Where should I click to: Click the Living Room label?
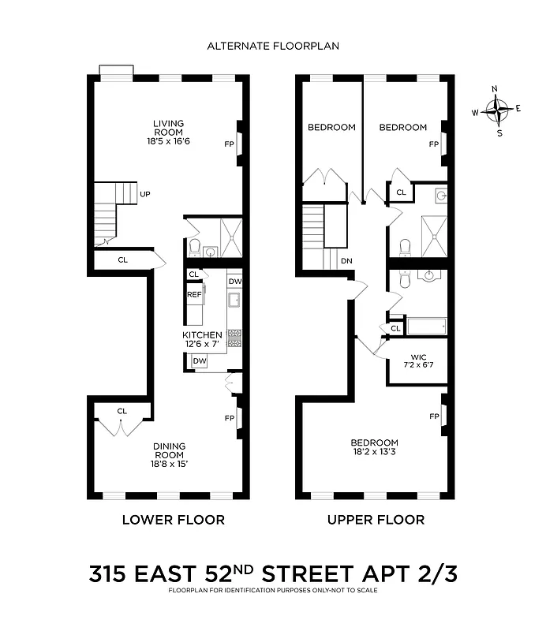[x=169, y=128]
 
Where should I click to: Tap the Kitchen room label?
[x=202, y=335]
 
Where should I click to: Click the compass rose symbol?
[x=497, y=111]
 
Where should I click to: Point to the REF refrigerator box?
[x=194, y=294]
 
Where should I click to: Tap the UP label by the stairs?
[x=145, y=193]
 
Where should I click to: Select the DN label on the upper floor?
[x=346, y=261]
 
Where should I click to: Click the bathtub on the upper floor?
[x=426, y=326]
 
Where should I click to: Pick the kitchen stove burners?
[x=234, y=338]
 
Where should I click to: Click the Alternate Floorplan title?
[x=273, y=46]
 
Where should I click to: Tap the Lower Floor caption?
[x=172, y=520]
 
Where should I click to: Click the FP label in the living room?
[x=229, y=144]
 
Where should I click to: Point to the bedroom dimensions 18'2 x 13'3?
[x=375, y=452]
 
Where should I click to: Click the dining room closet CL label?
[x=122, y=411]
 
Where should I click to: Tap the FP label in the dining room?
[x=230, y=418]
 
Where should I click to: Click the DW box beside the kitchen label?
[x=200, y=360]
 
